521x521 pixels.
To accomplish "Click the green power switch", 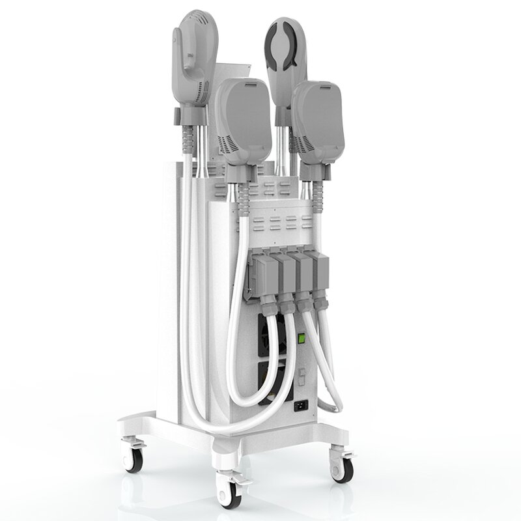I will tap(302, 338).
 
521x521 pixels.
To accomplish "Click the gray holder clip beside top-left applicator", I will tap(178, 117).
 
